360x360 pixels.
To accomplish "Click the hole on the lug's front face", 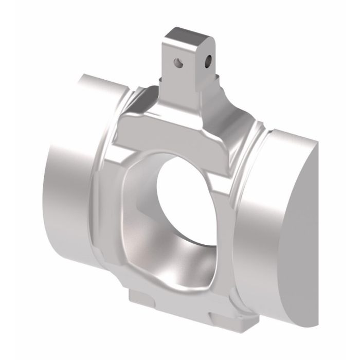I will (x=177, y=64).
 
